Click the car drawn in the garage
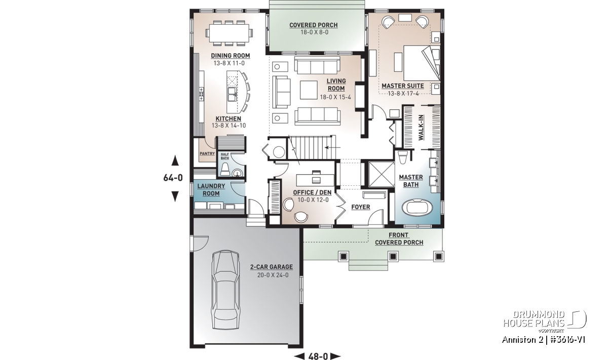[226, 290]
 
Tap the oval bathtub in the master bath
[417, 208]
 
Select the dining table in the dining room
[229, 33]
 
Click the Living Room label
[336, 85]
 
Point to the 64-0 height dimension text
[173, 178]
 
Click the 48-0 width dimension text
[318, 356]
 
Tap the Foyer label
[360, 207]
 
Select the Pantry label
[207, 153]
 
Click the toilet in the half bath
[225, 169]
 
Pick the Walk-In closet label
[421, 128]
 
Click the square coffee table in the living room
[309, 90]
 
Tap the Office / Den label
[312, 192]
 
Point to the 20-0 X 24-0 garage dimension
[273, 275]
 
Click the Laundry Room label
[211, 190]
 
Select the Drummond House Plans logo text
[534, 319]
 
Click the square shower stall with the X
[381, 175]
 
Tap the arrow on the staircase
[332, 147]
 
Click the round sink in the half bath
[238, 173]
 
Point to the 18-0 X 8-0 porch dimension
[314, 32]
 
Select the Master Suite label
[402, 86]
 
